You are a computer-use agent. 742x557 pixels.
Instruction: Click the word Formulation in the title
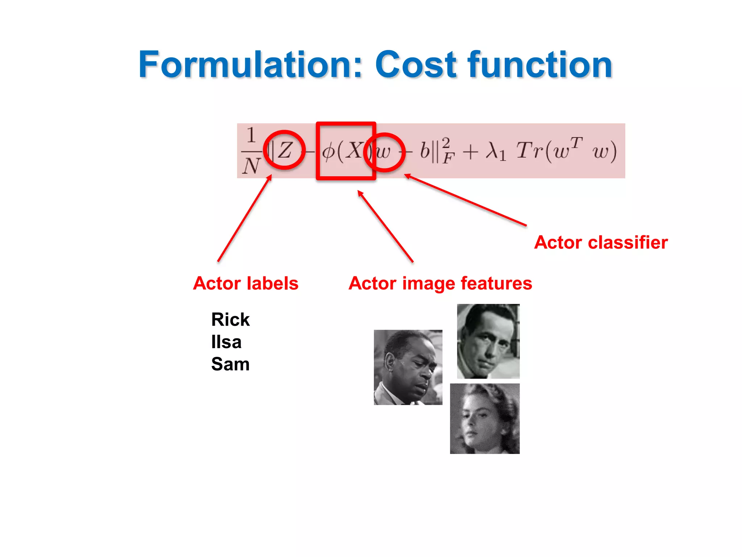point(250,65)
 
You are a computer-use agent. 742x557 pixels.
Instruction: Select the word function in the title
point(540,65)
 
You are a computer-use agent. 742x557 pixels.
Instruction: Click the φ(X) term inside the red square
point(342,150)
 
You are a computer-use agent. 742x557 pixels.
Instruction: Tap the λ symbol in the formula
point(493,150)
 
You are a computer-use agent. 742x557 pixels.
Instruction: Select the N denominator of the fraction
point(251,166)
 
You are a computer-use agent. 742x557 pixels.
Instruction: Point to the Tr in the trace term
point(529,150)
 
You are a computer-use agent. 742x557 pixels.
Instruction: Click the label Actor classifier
point(601,242)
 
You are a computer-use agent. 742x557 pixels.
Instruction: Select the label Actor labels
point(246,283)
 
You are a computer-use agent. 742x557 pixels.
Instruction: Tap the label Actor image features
point(440,283)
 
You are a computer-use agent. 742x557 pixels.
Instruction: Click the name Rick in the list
point(230,319)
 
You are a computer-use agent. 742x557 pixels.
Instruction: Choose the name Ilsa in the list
point(226,342)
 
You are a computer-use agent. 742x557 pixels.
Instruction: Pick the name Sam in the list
point(230,364)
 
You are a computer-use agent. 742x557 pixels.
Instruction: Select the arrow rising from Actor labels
point(245,218)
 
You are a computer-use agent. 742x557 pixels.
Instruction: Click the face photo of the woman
point(484,418)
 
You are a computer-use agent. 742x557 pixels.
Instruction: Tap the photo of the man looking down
point(408,367)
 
